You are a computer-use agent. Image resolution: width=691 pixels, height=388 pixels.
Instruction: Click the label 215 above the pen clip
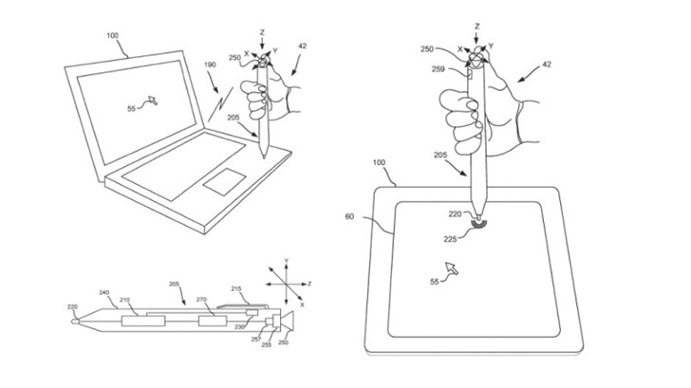235,288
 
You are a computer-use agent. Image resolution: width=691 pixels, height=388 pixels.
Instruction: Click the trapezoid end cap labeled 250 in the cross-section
286,322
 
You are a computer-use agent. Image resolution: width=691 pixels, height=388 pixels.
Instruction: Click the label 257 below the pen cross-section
256,338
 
